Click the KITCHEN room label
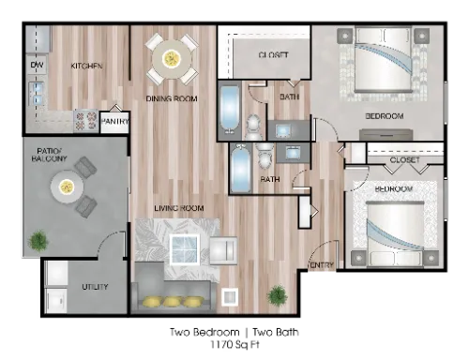coord(86,66)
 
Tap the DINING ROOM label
coord(172,97)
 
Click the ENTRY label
coord(322,265)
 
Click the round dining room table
coord(172,58)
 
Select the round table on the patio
coord(68,187)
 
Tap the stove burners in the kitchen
coord(85,119)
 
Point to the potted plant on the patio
coord(38,242)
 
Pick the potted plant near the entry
coord(277,295)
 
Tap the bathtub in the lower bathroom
coord(241,169)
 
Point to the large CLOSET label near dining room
coord(273,55)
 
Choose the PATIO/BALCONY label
coord(51,156)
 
